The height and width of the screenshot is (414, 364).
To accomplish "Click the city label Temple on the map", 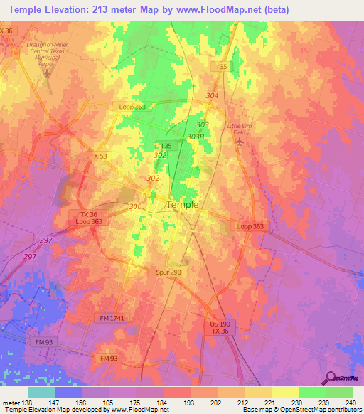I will pos(181,204).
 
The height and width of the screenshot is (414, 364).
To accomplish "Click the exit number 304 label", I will pos(211,95).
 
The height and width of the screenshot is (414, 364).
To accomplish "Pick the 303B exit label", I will pos(196,137).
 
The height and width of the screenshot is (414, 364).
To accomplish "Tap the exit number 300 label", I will pos(135,206).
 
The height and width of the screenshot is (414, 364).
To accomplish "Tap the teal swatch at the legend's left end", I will pos(42,392).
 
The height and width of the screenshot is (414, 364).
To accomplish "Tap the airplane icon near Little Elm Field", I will pos(240,142).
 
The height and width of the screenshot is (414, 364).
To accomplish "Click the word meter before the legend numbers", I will pos(10,403).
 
